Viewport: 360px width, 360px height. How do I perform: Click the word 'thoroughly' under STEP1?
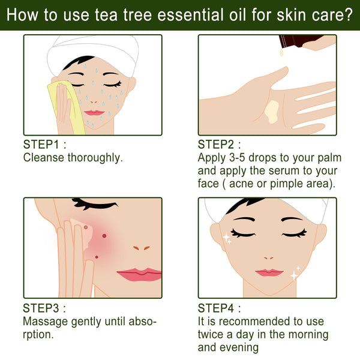[x=90, y=158]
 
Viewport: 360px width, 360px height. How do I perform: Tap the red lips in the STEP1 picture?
[x=94, y=112]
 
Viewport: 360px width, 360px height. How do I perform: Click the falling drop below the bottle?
[x=280, y=54]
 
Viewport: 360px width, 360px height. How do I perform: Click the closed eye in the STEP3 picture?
[x=96, y=206]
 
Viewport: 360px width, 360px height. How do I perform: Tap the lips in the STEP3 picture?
[x=140, y=274]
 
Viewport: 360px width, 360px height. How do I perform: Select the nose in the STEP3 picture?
[x=141, y=247]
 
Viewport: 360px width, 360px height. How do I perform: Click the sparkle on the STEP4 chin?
[x=295, y=275]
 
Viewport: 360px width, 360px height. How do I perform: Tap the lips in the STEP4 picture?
[x=269, y=272]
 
